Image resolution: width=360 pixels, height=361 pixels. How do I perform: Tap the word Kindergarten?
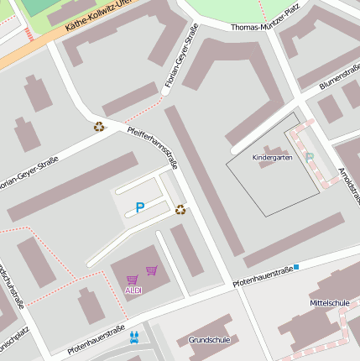coord(273,157)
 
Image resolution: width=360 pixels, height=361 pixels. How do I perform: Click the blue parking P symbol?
coord(139,207)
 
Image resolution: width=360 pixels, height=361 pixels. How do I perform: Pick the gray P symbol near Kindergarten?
coord(310,157)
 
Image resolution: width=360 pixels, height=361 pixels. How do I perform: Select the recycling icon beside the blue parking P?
coord(180,209)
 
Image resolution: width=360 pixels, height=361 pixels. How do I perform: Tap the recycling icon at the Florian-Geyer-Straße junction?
coord(99,127)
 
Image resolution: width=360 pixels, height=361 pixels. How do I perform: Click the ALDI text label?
coord(133,290)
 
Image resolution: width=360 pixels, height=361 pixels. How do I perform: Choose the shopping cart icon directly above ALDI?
coord(132,280)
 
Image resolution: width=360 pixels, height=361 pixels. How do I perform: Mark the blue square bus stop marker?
coord(296,266)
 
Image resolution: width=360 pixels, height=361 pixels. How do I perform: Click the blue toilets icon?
coord(134,336)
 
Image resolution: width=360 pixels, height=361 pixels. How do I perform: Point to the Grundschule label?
coord(209,340)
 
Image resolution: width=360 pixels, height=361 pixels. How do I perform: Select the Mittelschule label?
coord(329,302)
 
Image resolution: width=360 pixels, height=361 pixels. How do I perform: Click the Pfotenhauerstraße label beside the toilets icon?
coord(96,337)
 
